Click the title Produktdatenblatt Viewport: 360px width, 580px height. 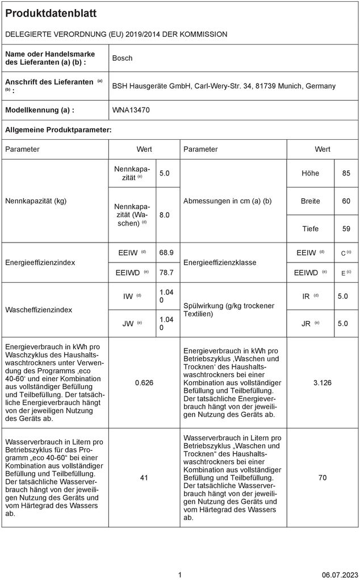(x=51, y=13)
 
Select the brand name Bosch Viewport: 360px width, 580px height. (x=122, y=58)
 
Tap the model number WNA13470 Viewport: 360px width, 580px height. (x=131, y=110)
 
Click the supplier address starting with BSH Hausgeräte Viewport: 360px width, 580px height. (x=224, y=86)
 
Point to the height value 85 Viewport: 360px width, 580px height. (x=346, y=173)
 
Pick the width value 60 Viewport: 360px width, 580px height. (x=346, y=201)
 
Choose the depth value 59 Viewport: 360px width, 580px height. (x=346, y=229)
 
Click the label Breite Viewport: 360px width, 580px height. (x=310, y=201)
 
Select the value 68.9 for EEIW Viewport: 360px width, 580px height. (x=166, y=252)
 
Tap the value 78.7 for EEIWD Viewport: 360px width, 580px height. (x=166, y=273)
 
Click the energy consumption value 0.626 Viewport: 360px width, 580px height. (x=144, y=383)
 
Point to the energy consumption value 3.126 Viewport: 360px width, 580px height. (x=323, y=383)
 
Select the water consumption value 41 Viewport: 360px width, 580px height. (x=144, y=478)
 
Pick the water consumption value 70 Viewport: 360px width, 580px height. (x=323, y=478)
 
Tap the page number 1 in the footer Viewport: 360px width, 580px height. (x=180, y=575)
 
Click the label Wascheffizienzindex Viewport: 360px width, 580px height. (x=39, y=310)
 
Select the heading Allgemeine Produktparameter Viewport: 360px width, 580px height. (x=58, y=130)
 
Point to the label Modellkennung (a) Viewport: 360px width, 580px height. (x=40, y=110)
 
